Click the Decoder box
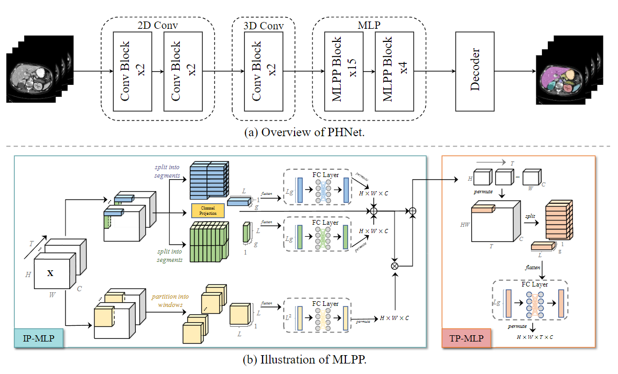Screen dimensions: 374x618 pyautogui.click(x=475, y=71)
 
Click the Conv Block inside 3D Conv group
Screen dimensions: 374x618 pyautogui.click(x=263, y=71)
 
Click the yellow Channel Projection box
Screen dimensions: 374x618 pyautogui.click(x=208, y=211)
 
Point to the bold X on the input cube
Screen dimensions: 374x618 pyautogui.click(x=50, y=273)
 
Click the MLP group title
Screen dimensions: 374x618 pyautogui.click(x=369, y=24)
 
